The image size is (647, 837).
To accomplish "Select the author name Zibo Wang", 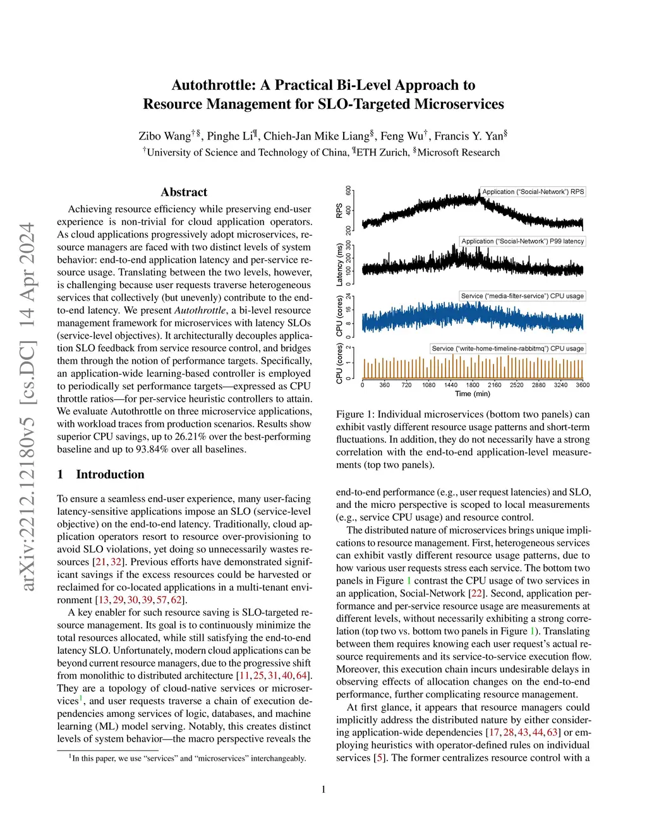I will pos(164,136).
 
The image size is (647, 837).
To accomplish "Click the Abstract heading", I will pos(184,193).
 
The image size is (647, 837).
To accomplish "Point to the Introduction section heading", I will pos(110,474).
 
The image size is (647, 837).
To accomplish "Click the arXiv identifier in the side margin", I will pos(27,407).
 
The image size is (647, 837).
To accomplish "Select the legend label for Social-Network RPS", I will pos(533,192).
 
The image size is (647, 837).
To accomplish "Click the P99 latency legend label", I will pos(523,241).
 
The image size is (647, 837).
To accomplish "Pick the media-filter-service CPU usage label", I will pos(522,296).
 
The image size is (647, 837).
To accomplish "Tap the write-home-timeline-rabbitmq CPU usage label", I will pos(507,349).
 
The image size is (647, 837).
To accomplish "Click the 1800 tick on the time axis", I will pos(473,385).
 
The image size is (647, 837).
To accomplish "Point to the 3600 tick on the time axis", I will pos(583,385).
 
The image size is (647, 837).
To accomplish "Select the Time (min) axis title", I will pos(473,394).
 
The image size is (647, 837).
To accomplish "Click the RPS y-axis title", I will pos(339,210).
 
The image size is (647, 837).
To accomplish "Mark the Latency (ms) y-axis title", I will pos(339,265).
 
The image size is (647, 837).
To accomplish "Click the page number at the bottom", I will pos(323,789).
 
